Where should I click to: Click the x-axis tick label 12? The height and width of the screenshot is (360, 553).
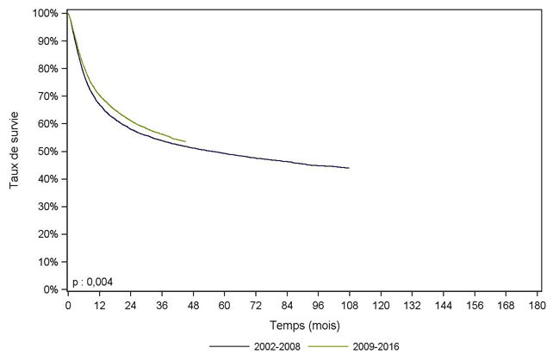(x=99, y=306)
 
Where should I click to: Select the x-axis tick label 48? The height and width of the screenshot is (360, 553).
(x=193, y=306)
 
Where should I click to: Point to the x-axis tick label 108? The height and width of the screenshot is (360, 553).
(x=349, y=306)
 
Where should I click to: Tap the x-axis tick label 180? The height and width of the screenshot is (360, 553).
(x=536, y=306)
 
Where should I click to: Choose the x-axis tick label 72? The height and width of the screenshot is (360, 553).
(x=255, y=306)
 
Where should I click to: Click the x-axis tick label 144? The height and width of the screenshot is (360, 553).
(x=443, y=306)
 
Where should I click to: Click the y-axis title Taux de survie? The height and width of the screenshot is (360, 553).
(x=16, y=152)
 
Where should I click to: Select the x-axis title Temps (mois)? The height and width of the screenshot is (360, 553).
(x=302, y=326)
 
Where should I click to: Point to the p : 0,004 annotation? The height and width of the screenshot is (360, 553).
(x=92, y=282)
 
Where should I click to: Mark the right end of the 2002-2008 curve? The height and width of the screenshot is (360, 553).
(x=349, y=168)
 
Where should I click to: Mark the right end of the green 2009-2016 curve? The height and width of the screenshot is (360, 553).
(x=185, y=141)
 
